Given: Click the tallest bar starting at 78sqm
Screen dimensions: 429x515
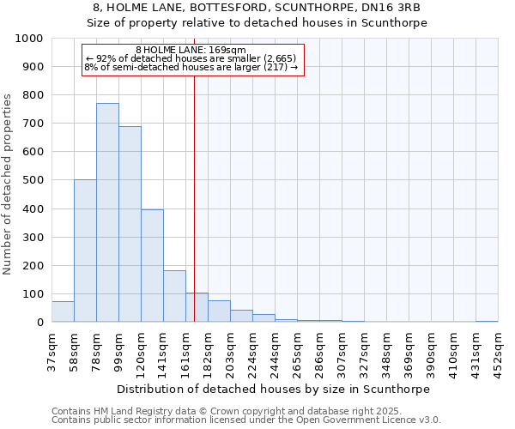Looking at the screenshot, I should point(107,213).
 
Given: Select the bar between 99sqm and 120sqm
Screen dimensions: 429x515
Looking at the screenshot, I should point(130,224).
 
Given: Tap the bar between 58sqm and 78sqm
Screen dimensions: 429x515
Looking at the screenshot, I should point(85,251).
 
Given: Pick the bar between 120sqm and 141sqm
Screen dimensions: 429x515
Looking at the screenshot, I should point(152,266).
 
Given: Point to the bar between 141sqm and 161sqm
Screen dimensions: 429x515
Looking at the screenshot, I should point(174,296).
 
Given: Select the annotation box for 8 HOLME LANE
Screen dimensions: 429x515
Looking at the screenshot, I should point(193,60).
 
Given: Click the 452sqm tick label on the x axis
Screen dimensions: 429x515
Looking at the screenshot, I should point(499,349).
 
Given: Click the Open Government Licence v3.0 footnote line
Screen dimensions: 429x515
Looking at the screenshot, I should point(246,420).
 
